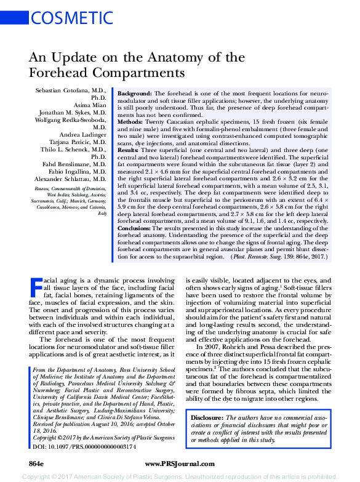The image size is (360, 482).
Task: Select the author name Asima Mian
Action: pos(91,105)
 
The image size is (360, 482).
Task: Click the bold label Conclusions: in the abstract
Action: pos(138,244)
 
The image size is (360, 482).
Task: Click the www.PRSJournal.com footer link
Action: pos(180,462)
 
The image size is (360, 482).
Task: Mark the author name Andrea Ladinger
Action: pos(83,135)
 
